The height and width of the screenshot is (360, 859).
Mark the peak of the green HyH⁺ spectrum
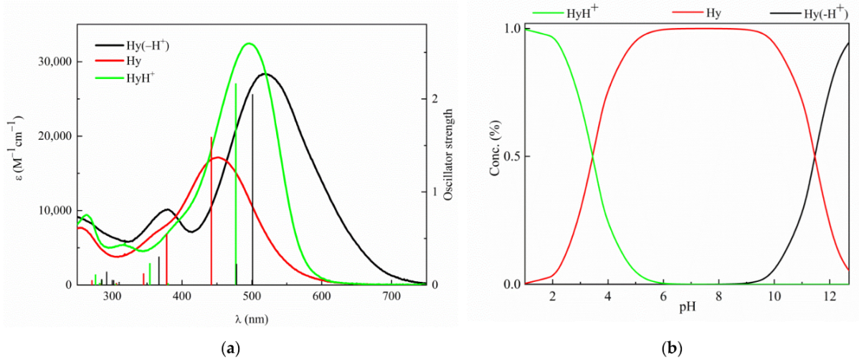point(249,44)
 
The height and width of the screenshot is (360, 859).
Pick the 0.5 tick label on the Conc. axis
point(511,156)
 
